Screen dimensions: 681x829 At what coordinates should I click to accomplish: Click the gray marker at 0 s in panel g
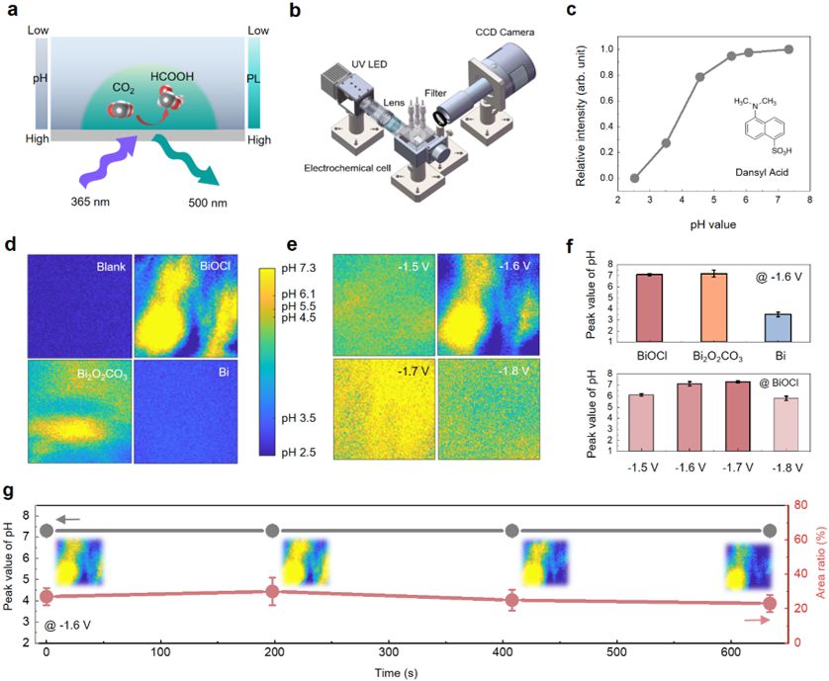click(46, 531)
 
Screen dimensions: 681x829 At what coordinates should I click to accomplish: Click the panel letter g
click(9, 492)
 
